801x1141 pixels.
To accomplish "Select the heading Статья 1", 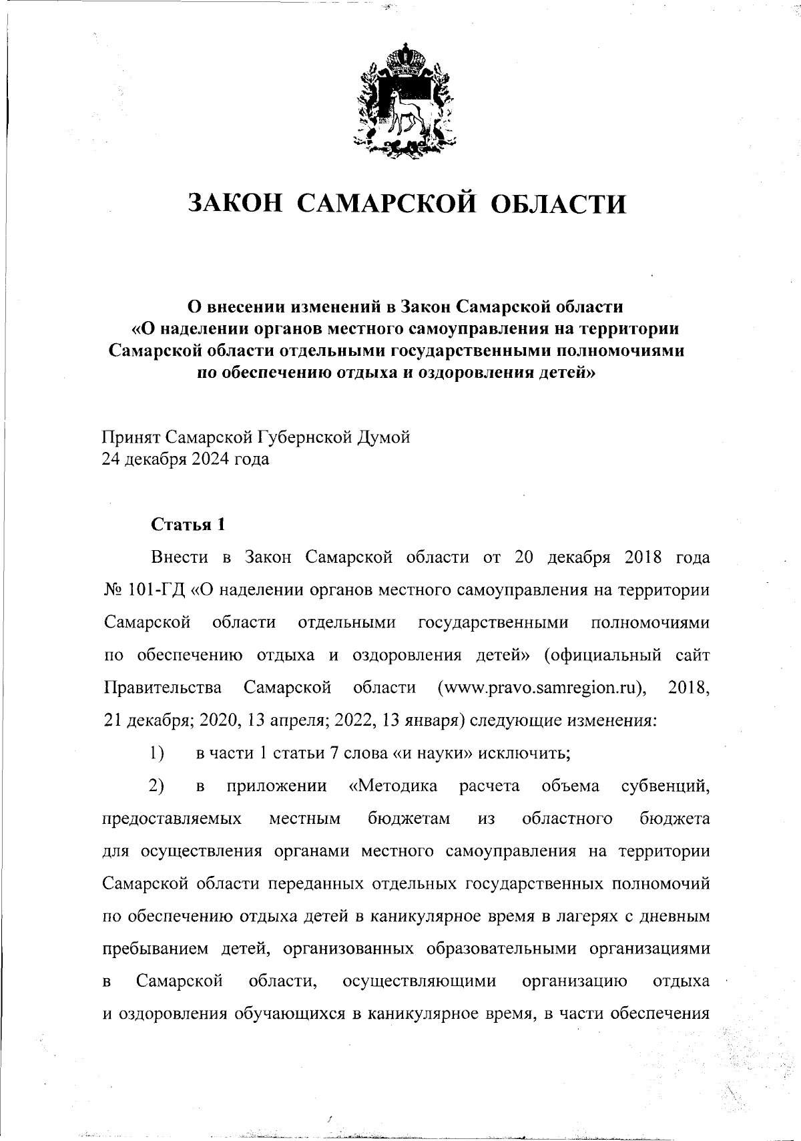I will pyautogui.click(x=188, y=525).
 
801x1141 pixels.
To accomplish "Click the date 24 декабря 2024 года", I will pyautogui.click(x=186, y=459).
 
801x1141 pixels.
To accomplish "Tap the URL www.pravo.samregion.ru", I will pyautogui.click(x=544, y=688).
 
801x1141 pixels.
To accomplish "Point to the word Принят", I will pyautogui.click(x=131, y=438).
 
